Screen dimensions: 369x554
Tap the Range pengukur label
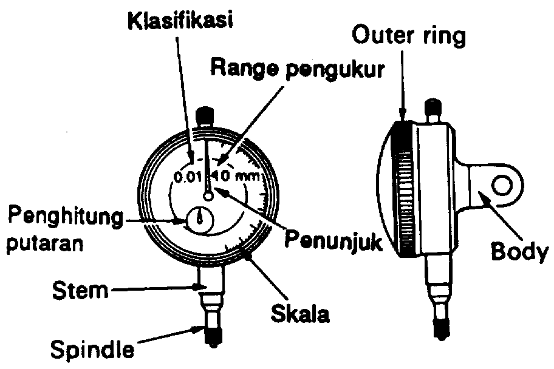point(297,68)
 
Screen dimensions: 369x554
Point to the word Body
point(515,250)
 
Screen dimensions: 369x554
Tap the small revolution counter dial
point(199,219)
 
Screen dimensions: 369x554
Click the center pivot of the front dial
point(208,196)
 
